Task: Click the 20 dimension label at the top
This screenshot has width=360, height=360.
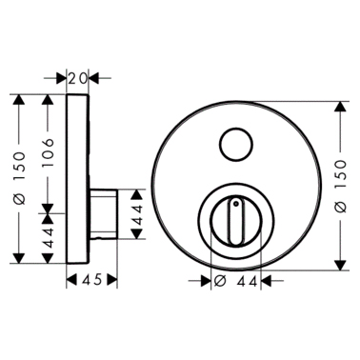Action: click(x=78, y=78)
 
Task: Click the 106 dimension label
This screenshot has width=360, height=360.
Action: click(x=48, y=153)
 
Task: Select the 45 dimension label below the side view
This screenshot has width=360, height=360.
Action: click(x=92, y=280)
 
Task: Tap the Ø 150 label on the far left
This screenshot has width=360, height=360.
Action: click(x=20, y=178)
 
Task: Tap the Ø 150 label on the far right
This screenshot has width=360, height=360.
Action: click(x=341, y=186)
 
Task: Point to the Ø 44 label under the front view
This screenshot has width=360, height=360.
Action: click(x=235, y=281)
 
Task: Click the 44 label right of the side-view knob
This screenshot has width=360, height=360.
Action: click(x=137, y=215)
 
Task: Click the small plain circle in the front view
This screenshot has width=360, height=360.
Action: click(x=237, y=145)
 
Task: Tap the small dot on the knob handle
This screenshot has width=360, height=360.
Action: click(x=235, y=202)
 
